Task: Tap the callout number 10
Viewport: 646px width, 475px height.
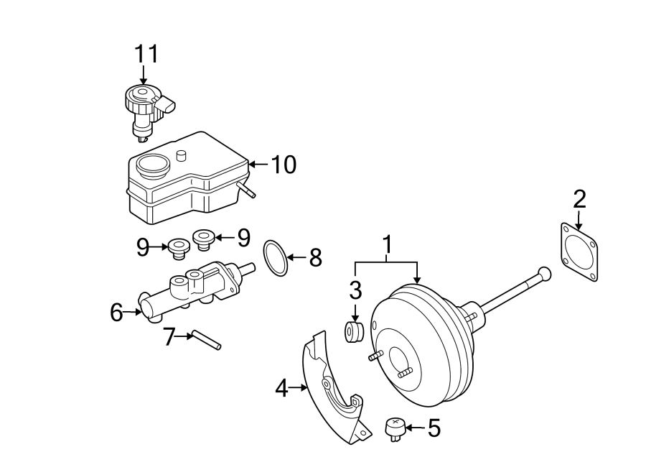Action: tap(284, 165)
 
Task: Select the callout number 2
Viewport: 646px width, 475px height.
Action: tap(579, 198)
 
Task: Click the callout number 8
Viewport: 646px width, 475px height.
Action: tap(315, 258)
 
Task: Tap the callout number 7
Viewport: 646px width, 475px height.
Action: tap(169, 336)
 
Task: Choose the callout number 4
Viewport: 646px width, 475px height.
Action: tap(281, 389)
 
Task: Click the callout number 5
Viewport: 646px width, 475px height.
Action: tap(434, 428)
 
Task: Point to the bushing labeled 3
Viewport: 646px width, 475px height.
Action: tap(355, 333)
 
